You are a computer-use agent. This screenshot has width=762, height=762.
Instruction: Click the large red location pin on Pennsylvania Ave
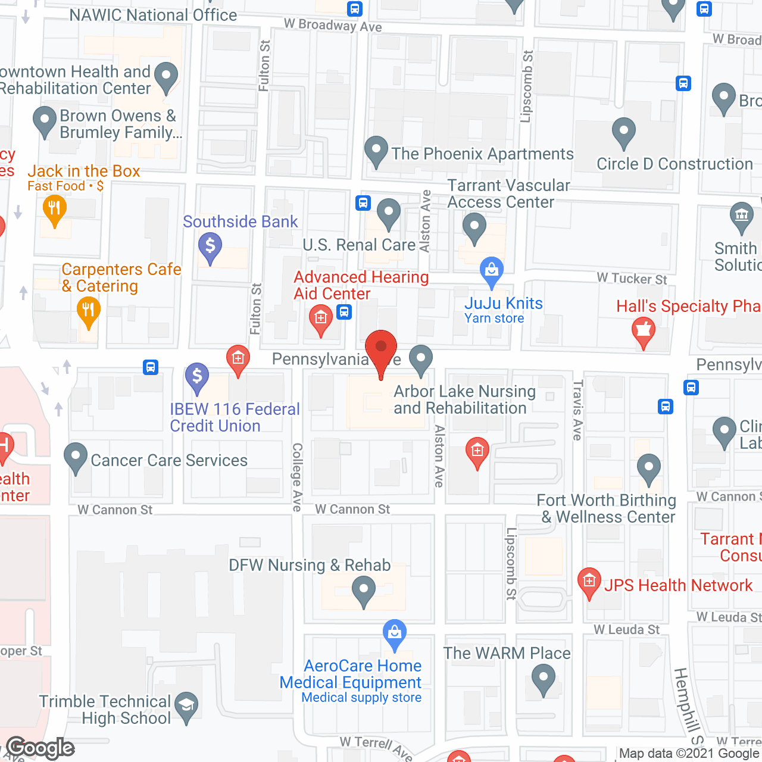(x=380, y=348)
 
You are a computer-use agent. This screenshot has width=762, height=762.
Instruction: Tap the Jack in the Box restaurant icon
(x=54, y=210)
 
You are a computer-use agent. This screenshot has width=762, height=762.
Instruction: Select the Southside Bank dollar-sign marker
(x=210, y=246)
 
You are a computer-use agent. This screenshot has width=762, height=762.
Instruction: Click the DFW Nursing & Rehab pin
(x=363, y=592)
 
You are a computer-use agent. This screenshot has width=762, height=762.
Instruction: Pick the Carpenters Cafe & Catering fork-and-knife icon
(x=88, y=310)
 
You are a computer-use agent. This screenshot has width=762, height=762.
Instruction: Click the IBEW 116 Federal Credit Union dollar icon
(x=197, y=377)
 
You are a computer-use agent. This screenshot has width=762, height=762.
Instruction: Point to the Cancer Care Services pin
(x=76, y=457)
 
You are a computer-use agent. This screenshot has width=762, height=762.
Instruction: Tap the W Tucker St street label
(x=632, y=279)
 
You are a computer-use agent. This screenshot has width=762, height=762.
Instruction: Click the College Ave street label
(x=297, y=477)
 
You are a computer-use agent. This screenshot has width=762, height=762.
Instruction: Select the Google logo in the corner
(x=40, y=748)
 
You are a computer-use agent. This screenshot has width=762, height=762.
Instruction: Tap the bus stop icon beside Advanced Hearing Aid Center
(x=344, y=312)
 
